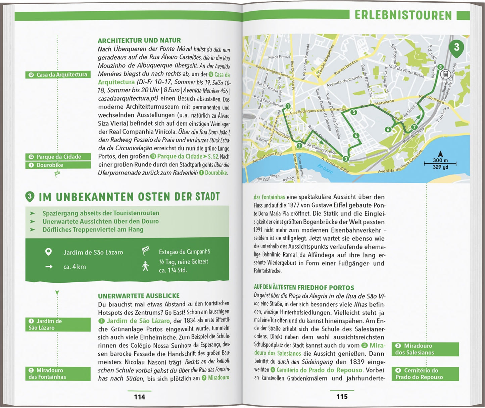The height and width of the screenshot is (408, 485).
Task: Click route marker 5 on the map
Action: click(x=354, y=112)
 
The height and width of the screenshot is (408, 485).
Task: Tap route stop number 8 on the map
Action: click(x=440, y=67)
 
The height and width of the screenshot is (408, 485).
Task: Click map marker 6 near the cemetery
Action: click(x=388, y=130)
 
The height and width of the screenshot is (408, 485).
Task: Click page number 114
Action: click(x=139, y=397)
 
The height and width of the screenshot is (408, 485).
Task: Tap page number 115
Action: click(x=342, y=397)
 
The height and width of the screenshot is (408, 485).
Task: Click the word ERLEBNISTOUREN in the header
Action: click(x=403, y=15)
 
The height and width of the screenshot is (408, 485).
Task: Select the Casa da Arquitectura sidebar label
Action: click(x=58, y=75)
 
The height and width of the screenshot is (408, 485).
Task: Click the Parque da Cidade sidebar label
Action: click(x=58, y=157)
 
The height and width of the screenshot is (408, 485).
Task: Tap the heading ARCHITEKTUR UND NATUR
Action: click(x=139, y=41)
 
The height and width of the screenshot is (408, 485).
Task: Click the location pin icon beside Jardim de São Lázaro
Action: click(x=49, y=252)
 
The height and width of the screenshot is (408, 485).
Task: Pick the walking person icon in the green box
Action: click(x=145, y=266)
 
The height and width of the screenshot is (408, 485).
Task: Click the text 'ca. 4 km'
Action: click(x=75, y=267)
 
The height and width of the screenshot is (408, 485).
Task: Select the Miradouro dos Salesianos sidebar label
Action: click(x=425, y=349)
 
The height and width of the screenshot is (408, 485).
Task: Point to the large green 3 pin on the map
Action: click(x=456, y=47)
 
